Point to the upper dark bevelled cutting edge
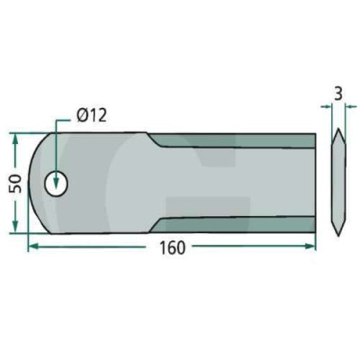(234, 141)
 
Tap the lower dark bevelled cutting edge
(234, 223)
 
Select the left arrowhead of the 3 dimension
(328, 107)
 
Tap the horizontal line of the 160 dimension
(108, 245)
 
